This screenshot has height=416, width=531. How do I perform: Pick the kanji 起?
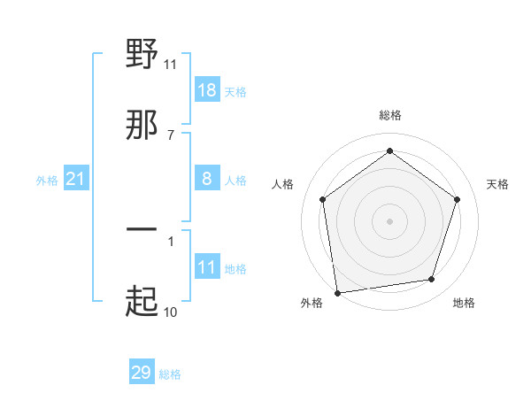[x=142, y=301]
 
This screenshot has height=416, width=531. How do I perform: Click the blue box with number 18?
[x=207, y=90]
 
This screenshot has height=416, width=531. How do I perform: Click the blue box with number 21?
[x=75, y=180]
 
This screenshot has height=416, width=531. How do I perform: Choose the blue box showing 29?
[x=142, y=373]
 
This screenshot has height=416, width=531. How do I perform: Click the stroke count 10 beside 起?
[x=170, y=312]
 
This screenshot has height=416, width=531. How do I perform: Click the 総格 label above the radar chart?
[x=390, y=115]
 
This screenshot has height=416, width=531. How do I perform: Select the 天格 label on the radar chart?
[x=498, y=184]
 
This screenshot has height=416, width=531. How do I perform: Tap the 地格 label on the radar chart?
[x=464, y=303]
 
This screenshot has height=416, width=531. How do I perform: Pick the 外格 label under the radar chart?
[x=312, y=303]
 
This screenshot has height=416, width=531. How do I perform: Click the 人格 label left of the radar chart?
[x=283, y=184]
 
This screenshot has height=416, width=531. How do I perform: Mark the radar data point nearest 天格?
[x=457, y=199]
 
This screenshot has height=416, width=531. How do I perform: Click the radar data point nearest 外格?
[x=337, y=292]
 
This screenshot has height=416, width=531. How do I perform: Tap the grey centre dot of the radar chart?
[x=390, y=220]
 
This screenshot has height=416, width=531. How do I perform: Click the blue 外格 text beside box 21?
[x=47, y=181]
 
